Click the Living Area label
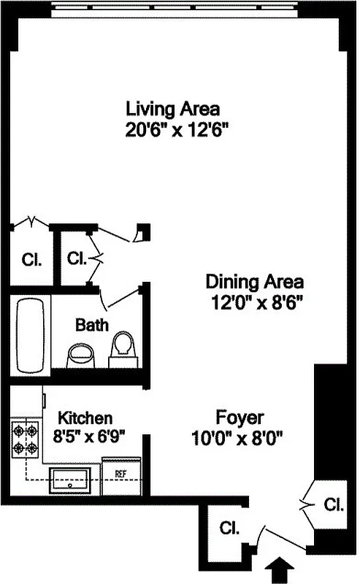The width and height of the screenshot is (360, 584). click(x=172, y=109)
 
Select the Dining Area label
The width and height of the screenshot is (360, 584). click(x=254, y=281)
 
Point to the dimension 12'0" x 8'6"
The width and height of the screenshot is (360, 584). click(x=254, y=301)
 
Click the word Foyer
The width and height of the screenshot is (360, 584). click(x=240, y=418)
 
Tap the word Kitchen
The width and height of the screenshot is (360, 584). click(x=85, y=418)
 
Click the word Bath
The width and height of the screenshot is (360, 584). click(x=91, y=323)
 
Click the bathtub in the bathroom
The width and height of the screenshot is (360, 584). click(x=29, y=335)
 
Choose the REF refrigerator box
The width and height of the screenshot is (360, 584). click(x=121, y=474)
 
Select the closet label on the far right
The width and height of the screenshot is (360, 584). click(x=333, y=504)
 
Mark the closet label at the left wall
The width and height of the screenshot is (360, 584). click(x=31, y=259)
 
